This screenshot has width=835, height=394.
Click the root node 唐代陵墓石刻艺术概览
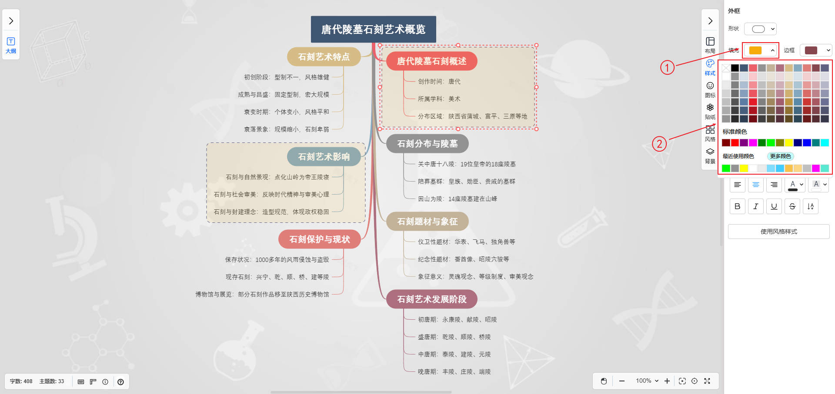(x=373, y=29)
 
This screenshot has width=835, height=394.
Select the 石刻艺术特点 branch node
(x=324, y=57)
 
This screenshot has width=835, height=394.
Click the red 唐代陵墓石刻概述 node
(x=431, y=61)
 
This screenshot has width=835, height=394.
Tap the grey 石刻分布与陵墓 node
(x=427, y=144)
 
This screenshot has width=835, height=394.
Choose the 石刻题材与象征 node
(x=427, y=222)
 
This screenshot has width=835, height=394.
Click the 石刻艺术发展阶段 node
(x=431, y=299)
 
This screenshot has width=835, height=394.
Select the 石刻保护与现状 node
(x=319, y=239)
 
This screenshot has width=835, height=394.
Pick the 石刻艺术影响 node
(x=324, y=157)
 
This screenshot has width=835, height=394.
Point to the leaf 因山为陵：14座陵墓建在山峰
(x=458, y=199)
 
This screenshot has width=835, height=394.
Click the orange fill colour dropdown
(x=760, y=50)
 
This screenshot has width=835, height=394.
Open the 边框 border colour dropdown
(x=816, y=50)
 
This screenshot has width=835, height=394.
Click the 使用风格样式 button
(x=778, y=232)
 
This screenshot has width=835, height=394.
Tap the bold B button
(x=737, y=206)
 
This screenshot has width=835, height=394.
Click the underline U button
(x=774, y=206)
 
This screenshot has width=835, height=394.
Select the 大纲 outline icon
(x=11, y=45)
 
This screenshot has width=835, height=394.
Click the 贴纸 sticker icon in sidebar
(x=710, y=111)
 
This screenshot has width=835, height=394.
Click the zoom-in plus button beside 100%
(x=667, y=381)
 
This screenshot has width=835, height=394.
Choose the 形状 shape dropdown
(x=760, y=29)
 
